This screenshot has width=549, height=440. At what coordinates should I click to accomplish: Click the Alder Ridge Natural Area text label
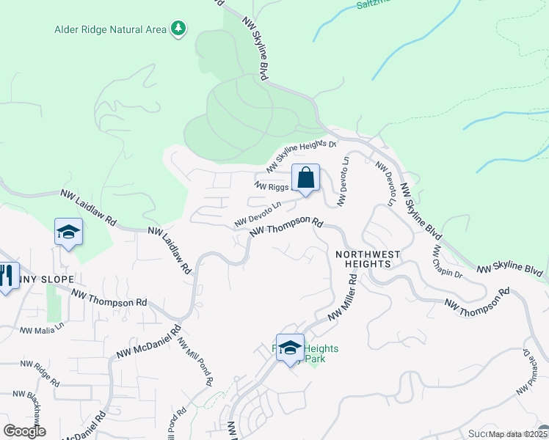110,30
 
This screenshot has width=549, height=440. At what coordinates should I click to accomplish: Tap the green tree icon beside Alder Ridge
178,29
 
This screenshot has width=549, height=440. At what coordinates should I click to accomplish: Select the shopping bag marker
305,177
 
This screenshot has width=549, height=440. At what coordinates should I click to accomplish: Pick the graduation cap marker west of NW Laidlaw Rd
68,233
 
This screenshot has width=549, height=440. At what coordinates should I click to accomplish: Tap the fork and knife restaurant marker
6,276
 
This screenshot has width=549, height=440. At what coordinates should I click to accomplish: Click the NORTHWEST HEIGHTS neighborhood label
368,259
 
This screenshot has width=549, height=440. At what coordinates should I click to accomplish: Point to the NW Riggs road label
273,186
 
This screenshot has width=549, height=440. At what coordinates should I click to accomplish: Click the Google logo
24,431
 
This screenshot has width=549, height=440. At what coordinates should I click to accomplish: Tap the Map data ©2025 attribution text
515,434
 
